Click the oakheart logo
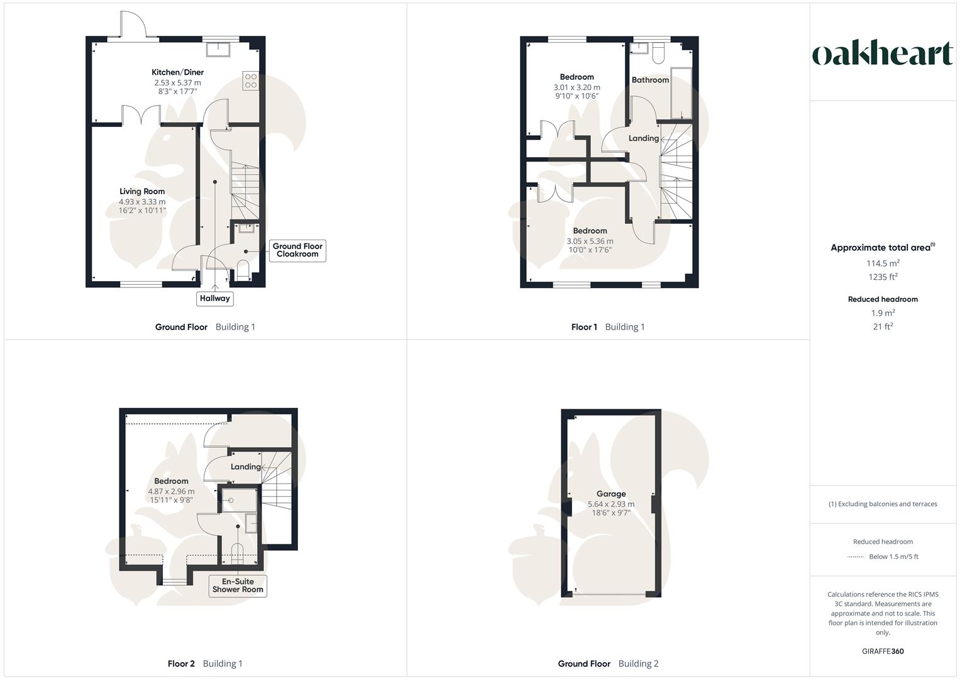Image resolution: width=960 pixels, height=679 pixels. (x=883, y=53)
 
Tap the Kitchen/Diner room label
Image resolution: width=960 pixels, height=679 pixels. (x=177, y=72)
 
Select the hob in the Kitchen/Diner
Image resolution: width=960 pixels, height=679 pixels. (x=250, y=80)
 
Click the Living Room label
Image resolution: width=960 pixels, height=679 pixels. (x=142, y=192)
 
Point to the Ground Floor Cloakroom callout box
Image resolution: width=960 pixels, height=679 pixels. (x=297, y=250)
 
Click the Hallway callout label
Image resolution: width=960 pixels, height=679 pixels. (x=215, y=299)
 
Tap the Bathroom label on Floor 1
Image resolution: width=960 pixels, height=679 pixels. (x=650, y=80)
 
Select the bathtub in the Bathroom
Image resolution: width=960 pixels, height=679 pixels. (x=681, y=93)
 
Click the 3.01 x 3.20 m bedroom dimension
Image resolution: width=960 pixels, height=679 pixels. (x=577, y=87)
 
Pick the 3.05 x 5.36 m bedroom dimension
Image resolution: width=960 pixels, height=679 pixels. (x=590, y=241)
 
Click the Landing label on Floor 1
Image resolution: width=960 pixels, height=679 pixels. (x=644, y=138)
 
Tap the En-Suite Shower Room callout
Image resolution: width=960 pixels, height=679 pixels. (x=238, y=585)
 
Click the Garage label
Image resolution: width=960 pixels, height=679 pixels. (x=610, y=494)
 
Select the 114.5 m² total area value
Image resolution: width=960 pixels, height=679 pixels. (x=883, y=263)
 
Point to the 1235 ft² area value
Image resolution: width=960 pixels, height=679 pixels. (x=883, y=277)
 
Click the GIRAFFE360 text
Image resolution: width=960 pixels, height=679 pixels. (x=883, y=651)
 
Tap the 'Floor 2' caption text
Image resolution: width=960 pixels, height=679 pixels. (x=181, y=663)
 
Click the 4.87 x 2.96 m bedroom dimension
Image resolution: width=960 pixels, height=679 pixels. (x=171, y=492)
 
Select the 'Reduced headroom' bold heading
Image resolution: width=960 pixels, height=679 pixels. (x=883, y=299)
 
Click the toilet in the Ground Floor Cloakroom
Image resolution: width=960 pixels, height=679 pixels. (x=243, y=272)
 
